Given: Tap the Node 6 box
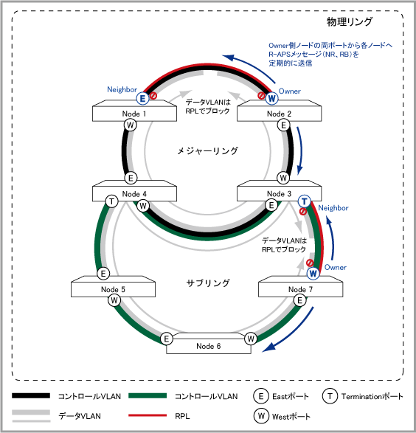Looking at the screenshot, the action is pos(209,343).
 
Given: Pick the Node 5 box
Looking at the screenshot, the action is pos(113,286).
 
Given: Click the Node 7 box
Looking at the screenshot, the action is pos(301,286).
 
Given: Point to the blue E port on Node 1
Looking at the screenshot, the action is pos(142,98).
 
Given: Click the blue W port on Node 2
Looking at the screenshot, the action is pos(271,98).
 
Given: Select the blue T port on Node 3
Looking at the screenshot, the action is pos(304,201).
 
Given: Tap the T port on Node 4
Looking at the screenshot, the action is pos(112,201).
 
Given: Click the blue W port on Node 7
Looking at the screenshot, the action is pos(313,274).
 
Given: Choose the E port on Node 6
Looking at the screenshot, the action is pos(167,339).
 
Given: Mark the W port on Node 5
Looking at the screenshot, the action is pos(114,300).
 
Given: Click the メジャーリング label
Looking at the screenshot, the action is pos(207,150).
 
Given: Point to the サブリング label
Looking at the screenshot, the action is pos(208,283).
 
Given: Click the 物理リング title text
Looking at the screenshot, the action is pos(350,21).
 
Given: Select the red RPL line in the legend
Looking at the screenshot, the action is pos(148,415).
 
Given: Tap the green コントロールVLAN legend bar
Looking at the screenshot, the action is pos(148,395).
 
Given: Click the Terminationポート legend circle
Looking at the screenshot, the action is pos(330,396).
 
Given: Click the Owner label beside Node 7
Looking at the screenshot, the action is pos(335,267).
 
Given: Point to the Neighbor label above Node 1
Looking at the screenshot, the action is pos(122,89).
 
